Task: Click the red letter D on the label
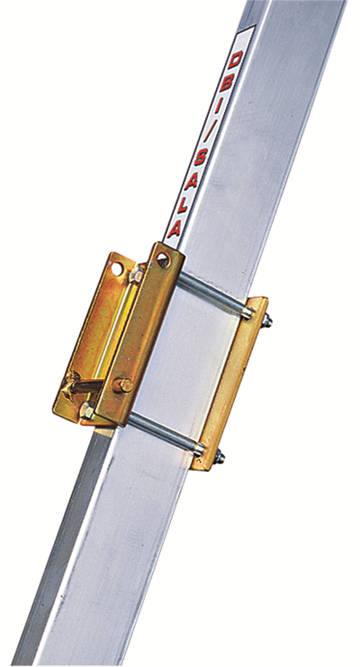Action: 235,60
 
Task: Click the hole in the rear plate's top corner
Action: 117,267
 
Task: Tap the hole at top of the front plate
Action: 162,259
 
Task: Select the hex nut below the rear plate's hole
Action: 136,275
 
